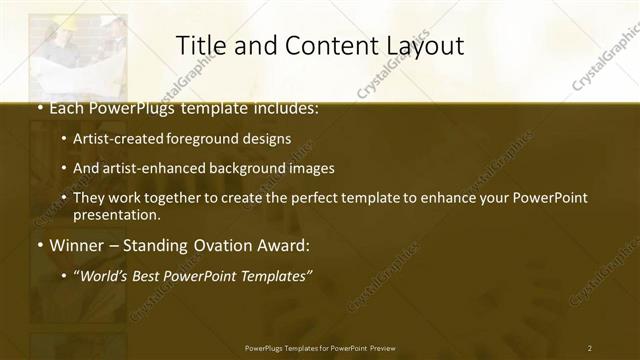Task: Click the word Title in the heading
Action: point(200,45)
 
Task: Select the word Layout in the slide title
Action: point(427,46)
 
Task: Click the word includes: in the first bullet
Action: point(282,106)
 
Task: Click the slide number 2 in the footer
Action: point(590,348)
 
